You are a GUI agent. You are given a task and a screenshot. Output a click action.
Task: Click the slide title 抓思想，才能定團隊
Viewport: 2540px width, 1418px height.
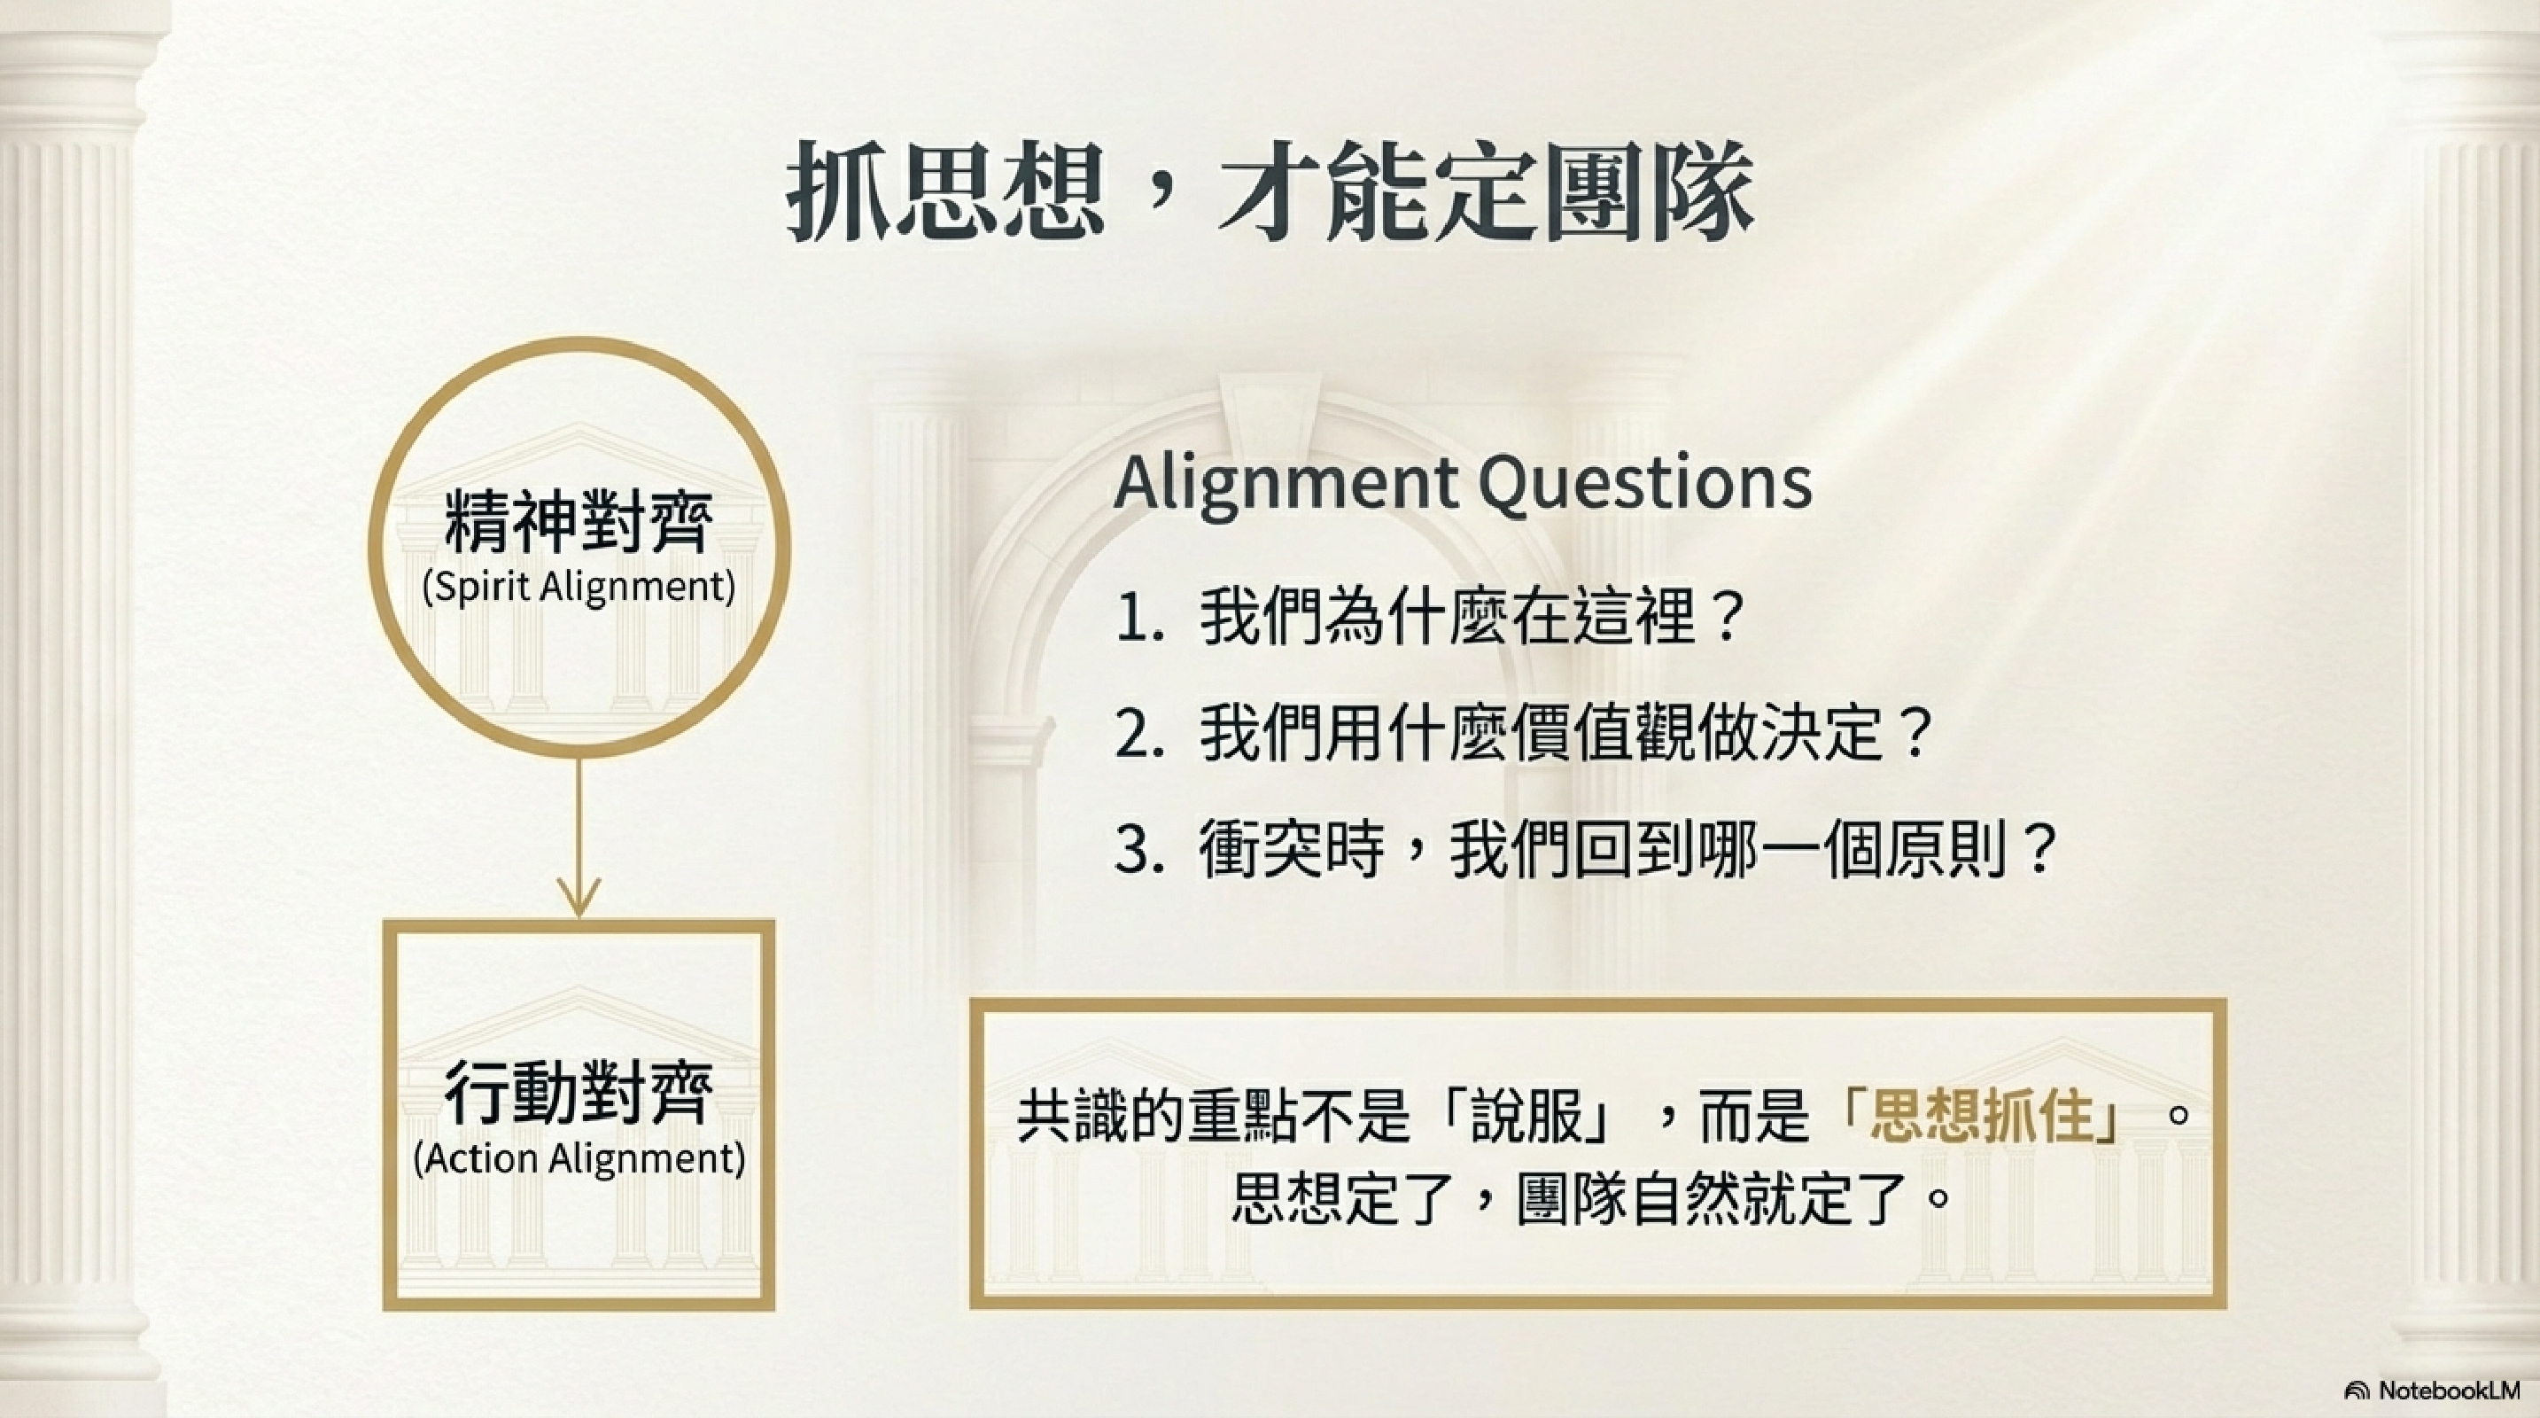click(1270, 190)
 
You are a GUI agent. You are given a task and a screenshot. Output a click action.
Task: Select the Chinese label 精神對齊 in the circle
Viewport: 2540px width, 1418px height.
click(579, 522)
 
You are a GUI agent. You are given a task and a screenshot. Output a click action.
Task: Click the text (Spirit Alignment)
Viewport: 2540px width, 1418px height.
click(579, 588)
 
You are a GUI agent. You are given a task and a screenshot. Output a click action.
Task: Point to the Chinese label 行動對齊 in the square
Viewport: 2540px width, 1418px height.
click(579, 1093)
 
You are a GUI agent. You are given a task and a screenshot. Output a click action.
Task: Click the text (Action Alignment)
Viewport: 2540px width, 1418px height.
click(579, 1158)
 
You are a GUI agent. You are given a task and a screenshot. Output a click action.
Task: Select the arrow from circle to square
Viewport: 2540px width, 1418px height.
click(579, 838)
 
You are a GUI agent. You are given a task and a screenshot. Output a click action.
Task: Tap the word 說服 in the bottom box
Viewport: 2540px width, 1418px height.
click(1527, 1117)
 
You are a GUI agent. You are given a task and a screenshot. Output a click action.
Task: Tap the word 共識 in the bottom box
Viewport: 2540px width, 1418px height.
click(1074, 1117)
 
